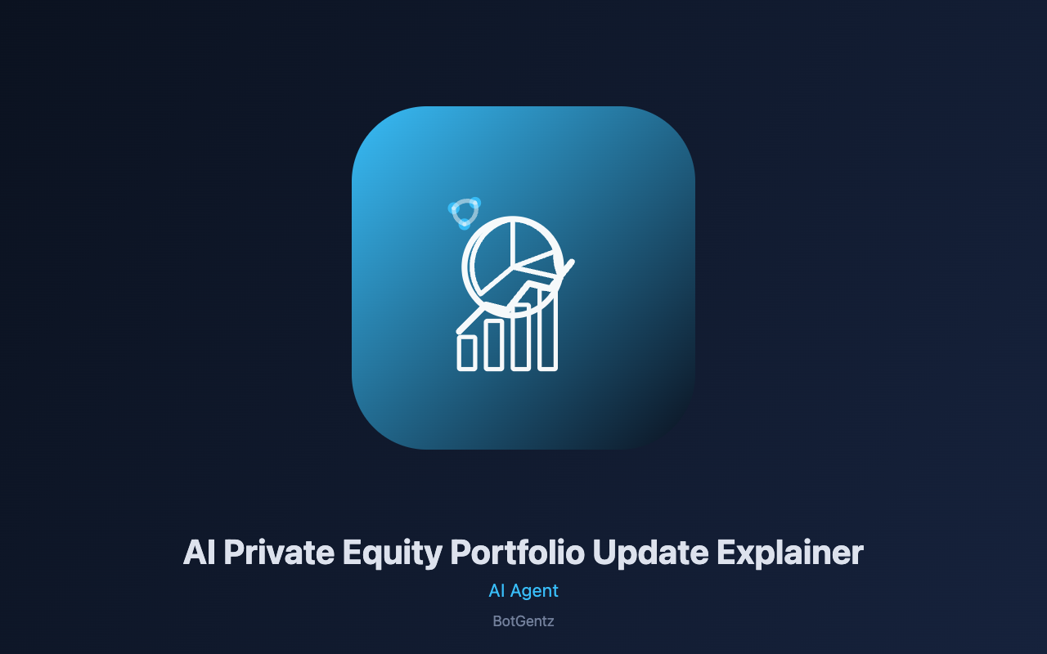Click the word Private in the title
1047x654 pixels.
[279, 553]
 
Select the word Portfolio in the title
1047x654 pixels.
[518, 552]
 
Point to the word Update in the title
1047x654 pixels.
[650, 554]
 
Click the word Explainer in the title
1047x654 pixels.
[790, 554]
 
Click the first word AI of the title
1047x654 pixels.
[199, 553]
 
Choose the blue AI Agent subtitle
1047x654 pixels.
[523, 591]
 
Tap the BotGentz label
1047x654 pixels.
[523, 621]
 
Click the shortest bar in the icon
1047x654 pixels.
[467, 353]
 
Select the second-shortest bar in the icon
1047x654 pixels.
[493, 345]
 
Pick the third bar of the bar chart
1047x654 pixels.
[521, 338]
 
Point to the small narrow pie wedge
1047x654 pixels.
[538, 269]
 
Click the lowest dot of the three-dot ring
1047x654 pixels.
[464, 225]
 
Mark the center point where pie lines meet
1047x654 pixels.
[515, 267]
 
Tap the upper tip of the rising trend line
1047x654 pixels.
[572, 262]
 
